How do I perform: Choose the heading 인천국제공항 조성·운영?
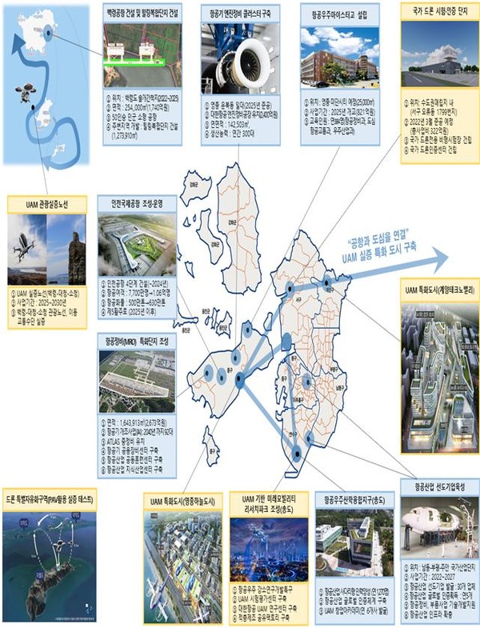(139, 204)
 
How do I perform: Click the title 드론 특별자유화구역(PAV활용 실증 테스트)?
(49, 498)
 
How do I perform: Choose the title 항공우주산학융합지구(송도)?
(354, 499)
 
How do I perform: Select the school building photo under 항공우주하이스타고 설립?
(337, 58)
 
